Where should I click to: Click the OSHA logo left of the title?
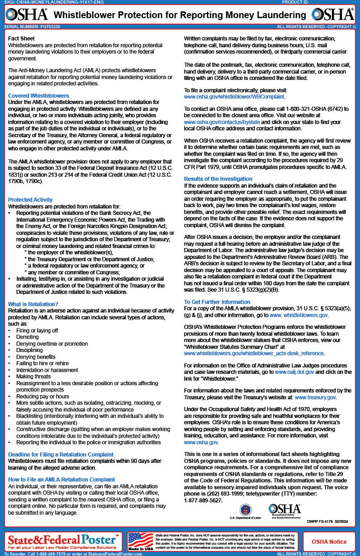tap(27, 15)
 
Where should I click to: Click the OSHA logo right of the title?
tap(333, 15)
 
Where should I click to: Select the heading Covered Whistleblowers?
tap(39, 96)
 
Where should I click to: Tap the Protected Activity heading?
tap(30, 200)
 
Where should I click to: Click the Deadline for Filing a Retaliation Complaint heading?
tap(61, 454)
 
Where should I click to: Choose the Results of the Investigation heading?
tap(218, 179)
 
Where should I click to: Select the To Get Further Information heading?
tap(217, 302)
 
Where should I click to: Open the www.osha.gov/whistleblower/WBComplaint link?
tap(234, 97)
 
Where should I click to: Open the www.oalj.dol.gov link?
tap(294, 372)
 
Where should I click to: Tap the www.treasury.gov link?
tap(315, 397)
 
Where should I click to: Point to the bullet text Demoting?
tap(28, 338)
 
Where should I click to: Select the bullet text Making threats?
tap(34, 377)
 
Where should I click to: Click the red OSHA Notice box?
tap(329, 541)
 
